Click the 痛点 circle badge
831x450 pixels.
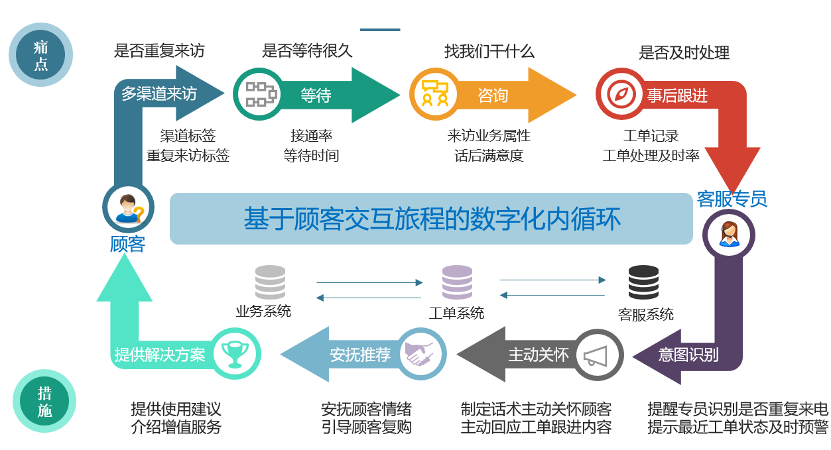(41, 55)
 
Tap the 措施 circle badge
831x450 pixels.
(44, 402)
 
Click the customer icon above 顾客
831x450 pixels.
(128, 207)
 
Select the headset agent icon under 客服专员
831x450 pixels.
(728, 234)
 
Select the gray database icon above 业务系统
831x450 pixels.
(270, 282)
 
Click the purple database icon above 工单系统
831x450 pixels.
(458, 282)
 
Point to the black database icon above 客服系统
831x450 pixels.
(643, 282)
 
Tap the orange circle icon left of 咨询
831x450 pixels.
(435, 95)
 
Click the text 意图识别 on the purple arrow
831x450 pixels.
(688, 355)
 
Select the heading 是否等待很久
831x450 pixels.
(307, 51)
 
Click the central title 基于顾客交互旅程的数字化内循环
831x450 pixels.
(432, 219)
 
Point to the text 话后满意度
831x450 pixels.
(489, 156)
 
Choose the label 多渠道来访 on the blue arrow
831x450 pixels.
(159, 94)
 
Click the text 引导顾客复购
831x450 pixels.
(366, 427)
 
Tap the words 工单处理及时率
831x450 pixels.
(651, 156)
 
